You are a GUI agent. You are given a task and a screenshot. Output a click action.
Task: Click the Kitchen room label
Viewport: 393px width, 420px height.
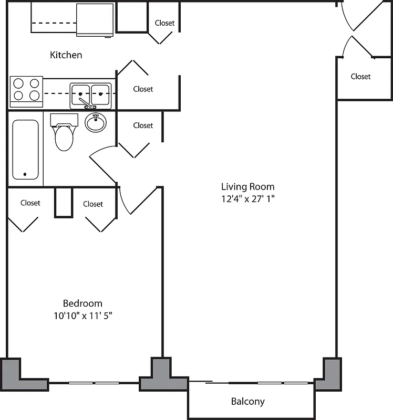[x=66, y=55]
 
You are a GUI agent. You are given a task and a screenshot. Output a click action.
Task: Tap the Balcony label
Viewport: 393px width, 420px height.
[x=247, y=402]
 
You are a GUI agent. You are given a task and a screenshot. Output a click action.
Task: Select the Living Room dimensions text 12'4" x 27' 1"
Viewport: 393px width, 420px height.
[x=248, y=199]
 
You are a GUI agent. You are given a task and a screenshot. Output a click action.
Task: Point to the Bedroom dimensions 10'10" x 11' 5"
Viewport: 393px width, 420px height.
[x=82, y=316]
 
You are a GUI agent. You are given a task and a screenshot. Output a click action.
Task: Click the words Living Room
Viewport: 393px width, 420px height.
[x=247, y=186]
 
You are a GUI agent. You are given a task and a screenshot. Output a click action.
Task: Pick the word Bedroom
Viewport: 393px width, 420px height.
[x=82, y=303]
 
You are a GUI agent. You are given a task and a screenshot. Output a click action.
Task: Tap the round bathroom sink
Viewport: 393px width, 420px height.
[x=96, y=123]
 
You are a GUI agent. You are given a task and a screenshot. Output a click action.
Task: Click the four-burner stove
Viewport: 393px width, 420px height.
[x=27, y=89]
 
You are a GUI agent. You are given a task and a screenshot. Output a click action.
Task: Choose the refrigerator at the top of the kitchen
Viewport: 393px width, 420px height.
[x=95, y=19]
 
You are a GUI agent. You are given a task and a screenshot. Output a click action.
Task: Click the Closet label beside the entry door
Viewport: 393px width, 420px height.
[x=360, y=77]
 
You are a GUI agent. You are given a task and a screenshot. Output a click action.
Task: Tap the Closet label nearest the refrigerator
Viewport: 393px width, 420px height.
[x=164, y=23]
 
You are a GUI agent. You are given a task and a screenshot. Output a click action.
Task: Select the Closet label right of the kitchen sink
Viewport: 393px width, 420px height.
[x=143, y=89]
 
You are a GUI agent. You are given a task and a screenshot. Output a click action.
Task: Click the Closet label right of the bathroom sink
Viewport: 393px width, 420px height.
[x=143, y=125]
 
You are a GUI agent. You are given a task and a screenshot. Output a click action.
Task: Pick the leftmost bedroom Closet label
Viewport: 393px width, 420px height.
[x=30, y=203]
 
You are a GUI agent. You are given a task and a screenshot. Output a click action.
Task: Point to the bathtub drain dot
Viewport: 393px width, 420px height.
[x=25, y=174]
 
